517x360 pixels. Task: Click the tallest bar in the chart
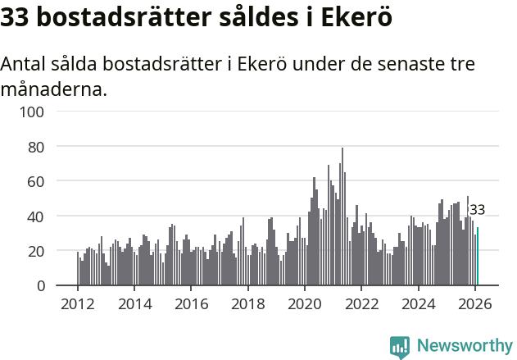[342, 217]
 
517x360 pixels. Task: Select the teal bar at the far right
[478, 257]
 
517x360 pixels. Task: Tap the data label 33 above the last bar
[477, 210]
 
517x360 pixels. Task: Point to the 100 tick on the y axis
[42, 112]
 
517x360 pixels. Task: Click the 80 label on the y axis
[46, 147]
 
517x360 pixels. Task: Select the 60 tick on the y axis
[46, 181]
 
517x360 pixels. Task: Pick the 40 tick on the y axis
[46, 216]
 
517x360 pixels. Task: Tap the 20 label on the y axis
[46, 251]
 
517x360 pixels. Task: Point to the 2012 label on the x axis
[78, 303]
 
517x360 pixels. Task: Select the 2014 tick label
[134, 303]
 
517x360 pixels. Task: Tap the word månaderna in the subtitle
[53, 89]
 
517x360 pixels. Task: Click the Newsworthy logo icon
[400, 347]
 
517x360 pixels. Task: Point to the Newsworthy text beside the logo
[464, 347]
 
